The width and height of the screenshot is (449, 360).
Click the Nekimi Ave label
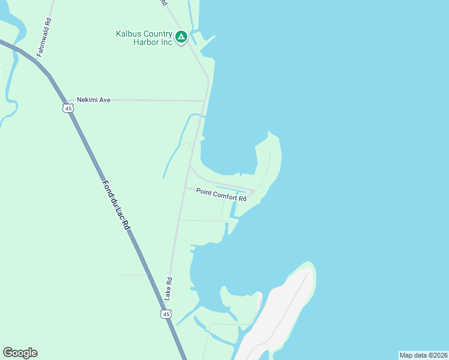click(x=94, y=100)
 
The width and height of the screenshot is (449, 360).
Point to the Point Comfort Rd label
click(x=221, y=195)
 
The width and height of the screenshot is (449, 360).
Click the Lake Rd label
click(x=169, y=289)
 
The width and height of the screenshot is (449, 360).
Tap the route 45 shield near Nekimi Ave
click(x=67, y=108)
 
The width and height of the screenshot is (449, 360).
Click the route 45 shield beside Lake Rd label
click(x=166, y=313)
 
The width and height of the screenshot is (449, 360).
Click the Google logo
click(x=20, y=353)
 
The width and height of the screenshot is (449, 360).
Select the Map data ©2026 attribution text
click(x=423, y=355)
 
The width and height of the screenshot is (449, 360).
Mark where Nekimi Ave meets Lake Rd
click(x=205, y=101)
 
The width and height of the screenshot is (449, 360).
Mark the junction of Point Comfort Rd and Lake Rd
click(x=184, y=188)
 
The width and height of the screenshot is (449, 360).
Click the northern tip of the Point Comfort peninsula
click(x=271, y=133)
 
